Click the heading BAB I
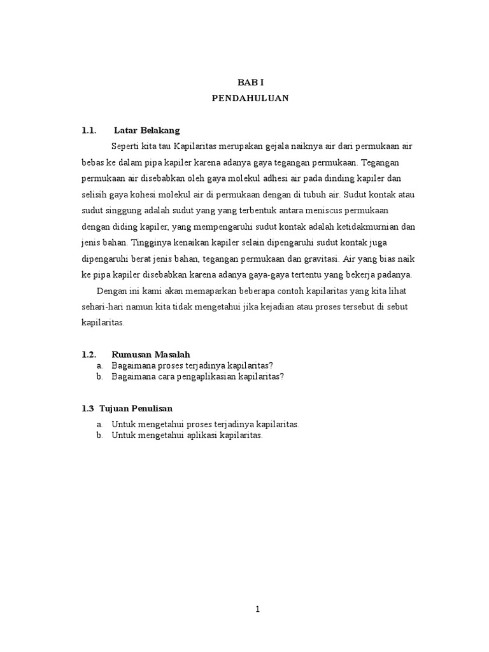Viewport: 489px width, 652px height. [x=250, y=83]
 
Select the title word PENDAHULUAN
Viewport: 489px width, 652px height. [x=250, y=98]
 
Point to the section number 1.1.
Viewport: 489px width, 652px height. [x=89, y=131]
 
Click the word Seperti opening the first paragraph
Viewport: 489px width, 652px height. [x=126, y=146]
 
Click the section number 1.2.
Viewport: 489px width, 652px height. [x=89, y=354]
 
